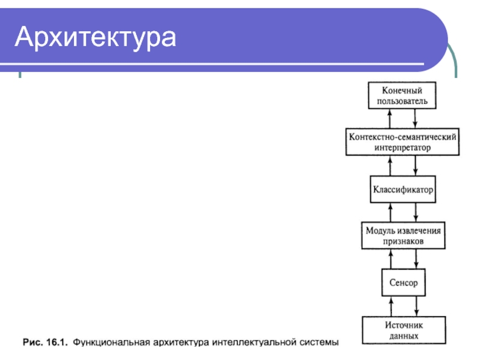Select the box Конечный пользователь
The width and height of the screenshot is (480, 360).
click(x=402, y=95)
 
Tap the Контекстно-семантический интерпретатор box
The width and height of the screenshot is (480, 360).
click(x=403, y=142)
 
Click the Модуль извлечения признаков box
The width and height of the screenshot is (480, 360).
click(x=403, y=236)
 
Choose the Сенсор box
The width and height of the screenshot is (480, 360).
click(x=403, y=282)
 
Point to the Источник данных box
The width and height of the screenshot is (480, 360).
click(x=403, y=331)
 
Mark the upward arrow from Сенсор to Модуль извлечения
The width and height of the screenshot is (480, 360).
click(x=391, y=259)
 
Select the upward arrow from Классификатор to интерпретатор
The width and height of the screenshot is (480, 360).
click(x=391, y=166)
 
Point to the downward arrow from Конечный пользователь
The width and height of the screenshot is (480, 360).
click(x=416, y=119)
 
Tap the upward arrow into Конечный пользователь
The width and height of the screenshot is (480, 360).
click(x=391, y=119)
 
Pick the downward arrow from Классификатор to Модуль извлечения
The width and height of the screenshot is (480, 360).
click(x=416, y=212)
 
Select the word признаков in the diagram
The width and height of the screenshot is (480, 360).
click(x=403, y=242)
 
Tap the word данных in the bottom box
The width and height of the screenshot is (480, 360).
click(x=403, y=336)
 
